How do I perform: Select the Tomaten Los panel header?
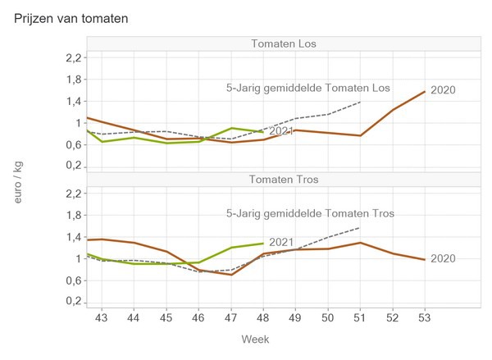(x=285, y=43)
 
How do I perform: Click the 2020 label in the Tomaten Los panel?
(x=443, y=90)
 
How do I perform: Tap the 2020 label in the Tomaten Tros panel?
(x=443, y=258)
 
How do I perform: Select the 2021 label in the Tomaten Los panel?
(x=281, y=130)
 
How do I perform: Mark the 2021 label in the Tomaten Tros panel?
(x=281, y=242)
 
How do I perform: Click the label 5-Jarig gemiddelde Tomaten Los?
(x=307, y=88)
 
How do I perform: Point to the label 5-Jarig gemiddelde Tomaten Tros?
(x=310, y=213)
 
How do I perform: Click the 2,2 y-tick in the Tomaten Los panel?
(x=73, y=57)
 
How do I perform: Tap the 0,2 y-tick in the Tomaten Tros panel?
(x=73, y=302)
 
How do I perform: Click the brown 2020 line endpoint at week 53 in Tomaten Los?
(x=424, y=92)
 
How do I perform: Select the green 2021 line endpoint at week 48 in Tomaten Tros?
(x=263, y=243)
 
